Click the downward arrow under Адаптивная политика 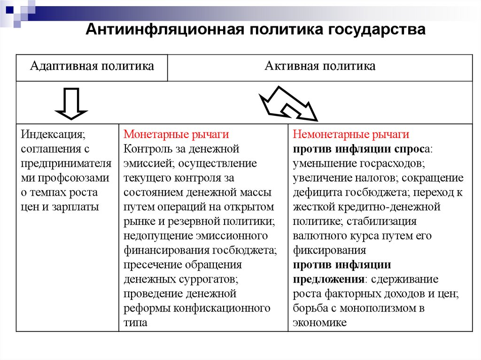tap(71, 102)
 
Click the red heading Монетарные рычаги tap(176, 135)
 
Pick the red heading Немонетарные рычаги tap(351, 135)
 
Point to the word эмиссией tap(144, 164)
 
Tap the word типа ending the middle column tap(135, 323)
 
